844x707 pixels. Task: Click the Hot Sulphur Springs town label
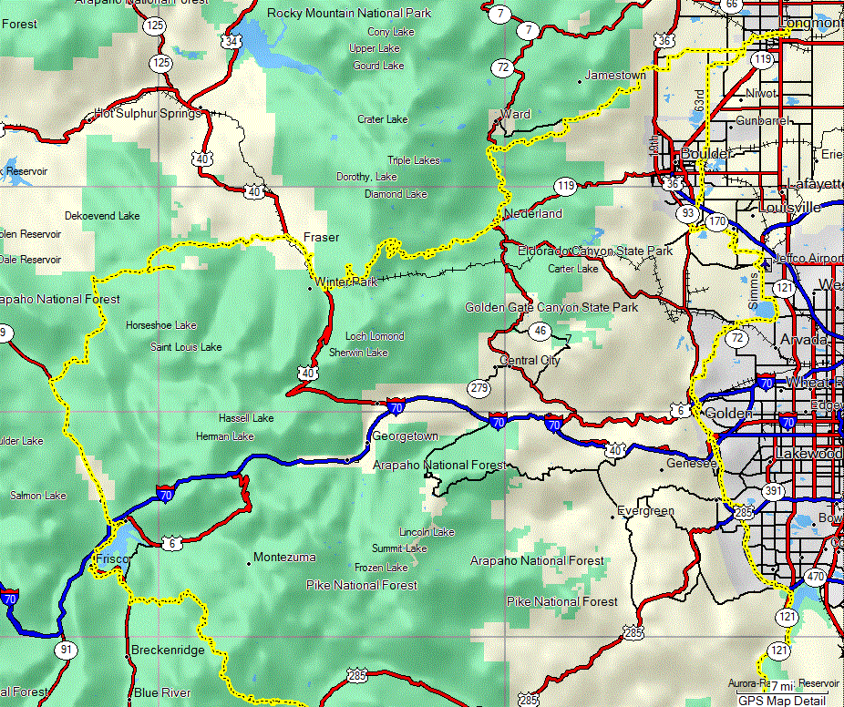tap(147, 114)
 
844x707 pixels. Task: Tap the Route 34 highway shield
tap(233, 42)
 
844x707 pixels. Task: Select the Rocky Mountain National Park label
tap(349, 14)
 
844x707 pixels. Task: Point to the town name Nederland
tap(533, 214)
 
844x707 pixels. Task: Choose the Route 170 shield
tap(717, 221)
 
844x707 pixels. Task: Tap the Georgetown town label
tap(406, 436)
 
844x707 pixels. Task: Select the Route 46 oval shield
tap(541, 331)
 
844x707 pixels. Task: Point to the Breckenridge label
tap(168, 651)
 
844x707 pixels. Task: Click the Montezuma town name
tap(284, 557)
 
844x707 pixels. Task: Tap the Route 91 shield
tap(65, 650)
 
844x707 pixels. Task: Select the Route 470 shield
tap(815, 577)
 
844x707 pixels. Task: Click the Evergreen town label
tap(645, 511)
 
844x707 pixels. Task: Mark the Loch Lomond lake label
tap(375, 336)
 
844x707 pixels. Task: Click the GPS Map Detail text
tap(782, 701)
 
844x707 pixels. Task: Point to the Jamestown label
tap(615, 75)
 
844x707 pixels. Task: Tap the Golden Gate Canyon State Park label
tap(551, 308)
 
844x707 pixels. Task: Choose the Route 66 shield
tap(731, 5)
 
